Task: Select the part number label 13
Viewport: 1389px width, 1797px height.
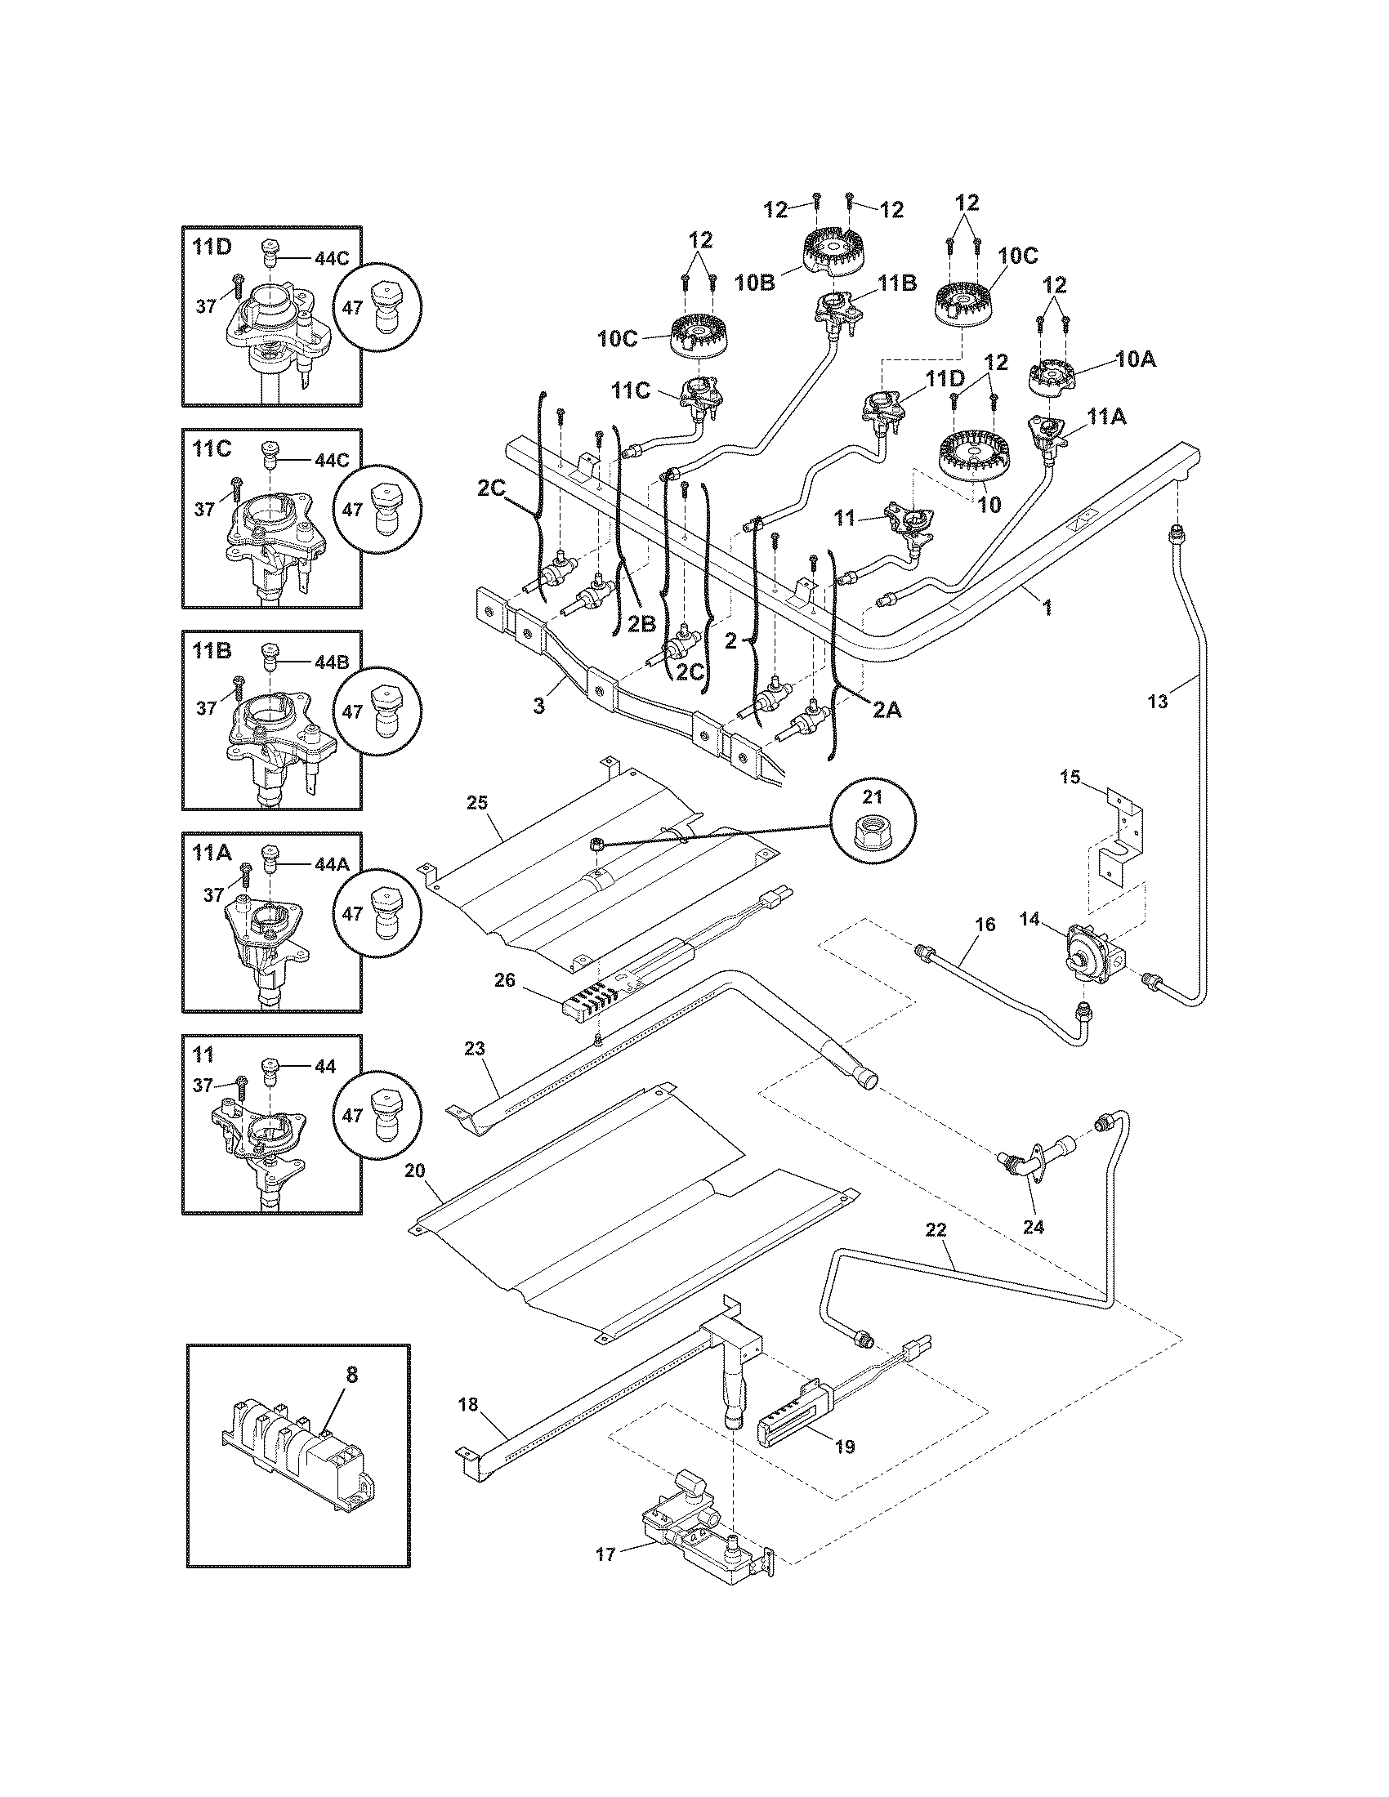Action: (x=1157, y=702)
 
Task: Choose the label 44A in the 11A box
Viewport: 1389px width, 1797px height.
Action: (x=332, y=865)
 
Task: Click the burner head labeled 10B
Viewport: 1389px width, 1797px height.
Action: (x=837, y=250)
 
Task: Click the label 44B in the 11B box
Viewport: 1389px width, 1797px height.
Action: (x=332, y=662)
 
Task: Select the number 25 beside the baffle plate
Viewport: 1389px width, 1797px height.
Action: (x=477, y=802)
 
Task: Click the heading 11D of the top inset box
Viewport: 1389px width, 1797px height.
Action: (x=212, y=247)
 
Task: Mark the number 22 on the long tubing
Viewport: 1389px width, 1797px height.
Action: (x=936, y=1253)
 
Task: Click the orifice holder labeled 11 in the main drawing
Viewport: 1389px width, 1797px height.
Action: (x=907, y=523)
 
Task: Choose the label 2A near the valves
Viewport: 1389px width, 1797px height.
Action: (x=887, y=709)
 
